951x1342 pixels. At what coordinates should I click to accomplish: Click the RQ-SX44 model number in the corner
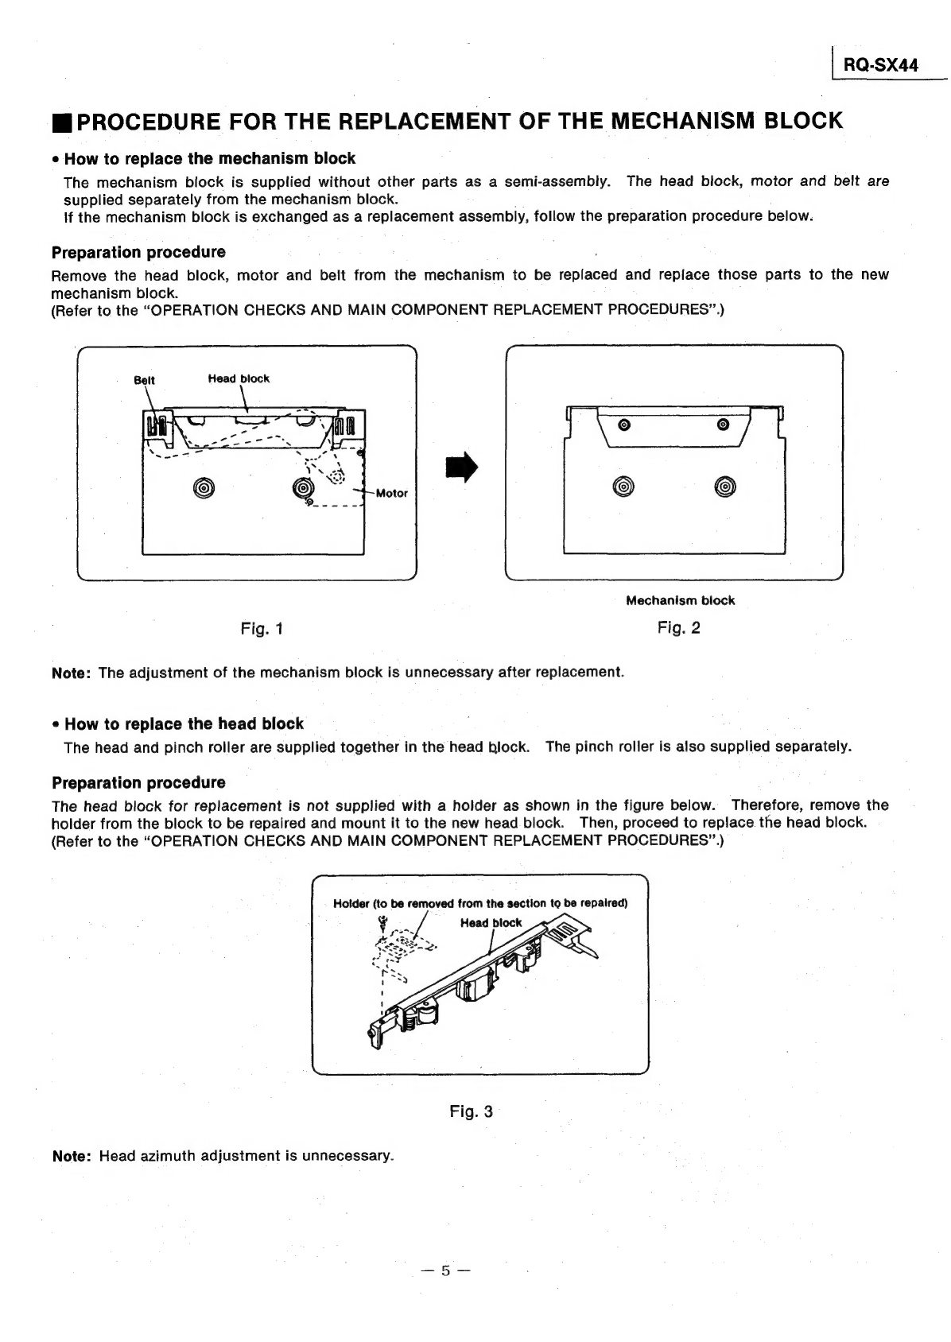[880, 66]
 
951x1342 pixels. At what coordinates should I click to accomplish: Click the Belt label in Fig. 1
[144, 380]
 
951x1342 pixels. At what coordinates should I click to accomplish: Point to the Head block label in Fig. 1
[239, 378]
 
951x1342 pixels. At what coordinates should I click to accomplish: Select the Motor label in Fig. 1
[391, 493]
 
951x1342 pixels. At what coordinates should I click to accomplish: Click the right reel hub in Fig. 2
[726, 487]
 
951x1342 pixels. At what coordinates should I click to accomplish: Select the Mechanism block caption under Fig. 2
[680, 600]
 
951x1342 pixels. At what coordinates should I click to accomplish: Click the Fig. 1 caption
[262, 630]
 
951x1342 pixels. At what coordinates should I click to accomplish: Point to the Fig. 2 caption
[678, 628]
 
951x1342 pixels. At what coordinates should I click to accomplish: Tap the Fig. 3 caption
[471, 1111]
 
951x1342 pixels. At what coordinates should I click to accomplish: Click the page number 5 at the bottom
[446, 1271]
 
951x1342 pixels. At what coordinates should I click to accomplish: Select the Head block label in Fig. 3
[491, 923]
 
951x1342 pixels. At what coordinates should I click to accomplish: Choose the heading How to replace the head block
[184, 724]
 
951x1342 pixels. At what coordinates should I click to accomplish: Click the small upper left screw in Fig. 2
[623, 424]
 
